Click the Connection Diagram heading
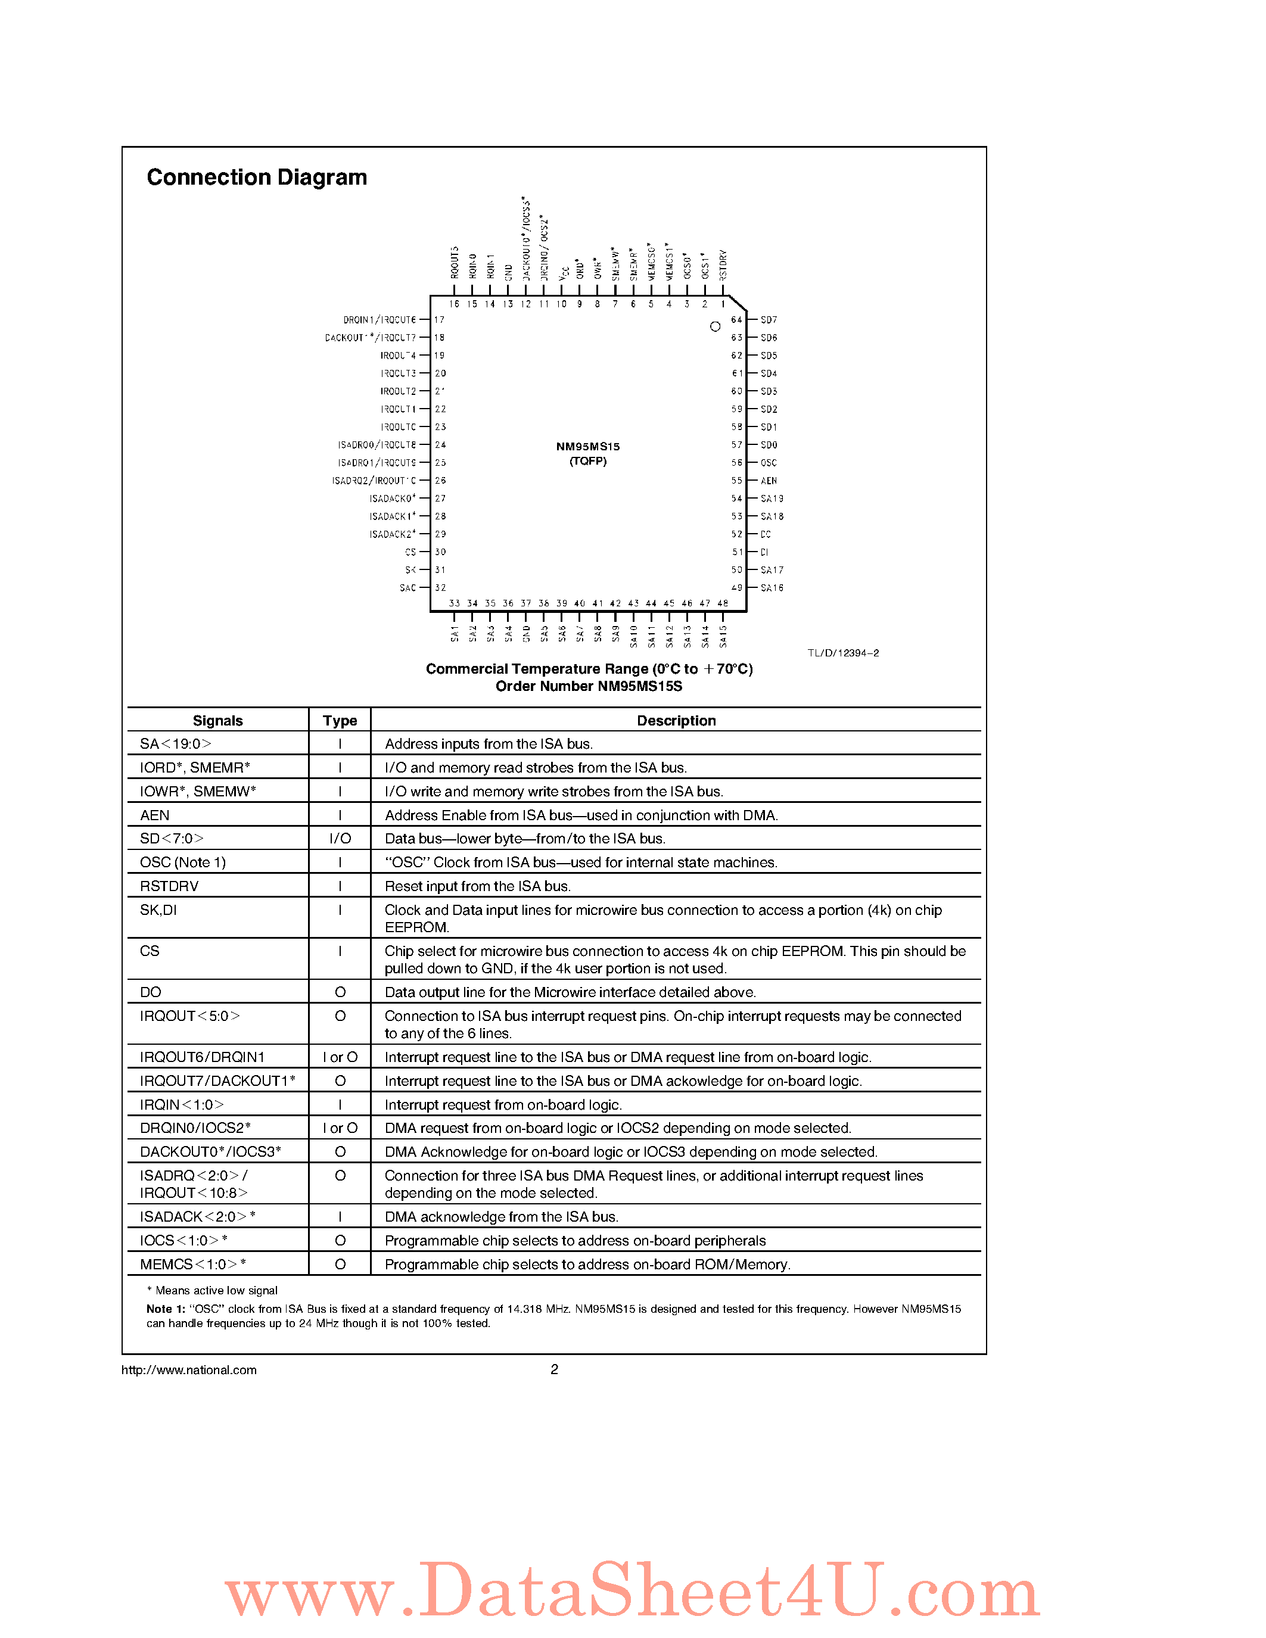pyautogui.click(x=257, y=177)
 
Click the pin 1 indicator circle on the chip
pyautogui.click(x=715, y=326)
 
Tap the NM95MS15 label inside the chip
pyautogui.click(x=588, y=446)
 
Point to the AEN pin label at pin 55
pyautogui.click(x=769, y=481)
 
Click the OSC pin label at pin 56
pyautogui.click(x=769, y=463)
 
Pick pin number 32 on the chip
pyautogui.click(x=440, y=588)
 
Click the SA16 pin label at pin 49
pyautogui.click(x=772, y=588)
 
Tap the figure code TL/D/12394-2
pyautogui.click(x=843, y=653)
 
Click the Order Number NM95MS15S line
pyautogui.click(x=589, y=686)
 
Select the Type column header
pyautogui.click(x=340, y=721)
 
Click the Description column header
pyautogui.click(x=676, y=721)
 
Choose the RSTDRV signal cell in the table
pyautogui.click(x=170, y=886)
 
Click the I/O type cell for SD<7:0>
pyautogui.click(x=340, y=839)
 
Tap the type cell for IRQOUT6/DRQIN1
pyautogui.click(x=340, y=1057)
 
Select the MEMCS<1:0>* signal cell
pyautogui.click(x=193, y=1265)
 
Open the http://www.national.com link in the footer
pyautogui.click(x=189, y=1369)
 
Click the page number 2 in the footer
pyautogui.click(x=554, y=1369)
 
